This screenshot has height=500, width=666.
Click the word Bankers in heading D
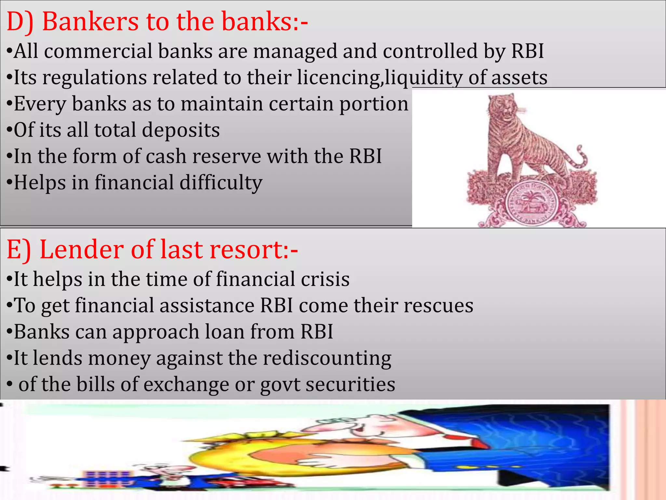91,21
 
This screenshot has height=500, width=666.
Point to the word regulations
95,78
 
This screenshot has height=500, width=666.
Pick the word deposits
181,130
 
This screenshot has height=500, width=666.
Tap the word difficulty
221,183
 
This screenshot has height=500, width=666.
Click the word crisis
325,279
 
